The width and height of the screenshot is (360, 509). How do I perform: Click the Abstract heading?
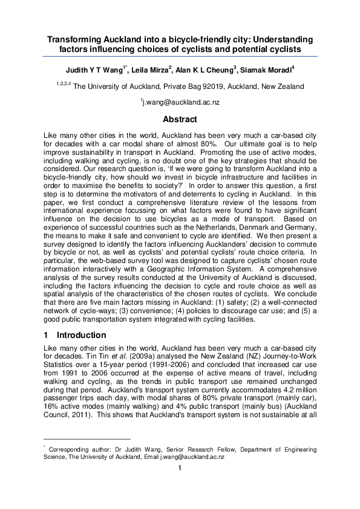click(x=180, y=119)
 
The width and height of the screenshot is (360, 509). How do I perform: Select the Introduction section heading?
click(x=81, y=335)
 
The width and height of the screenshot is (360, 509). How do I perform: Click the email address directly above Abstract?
click(x=180, y=103)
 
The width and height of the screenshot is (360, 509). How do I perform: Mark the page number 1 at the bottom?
click(x=180, y=484)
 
